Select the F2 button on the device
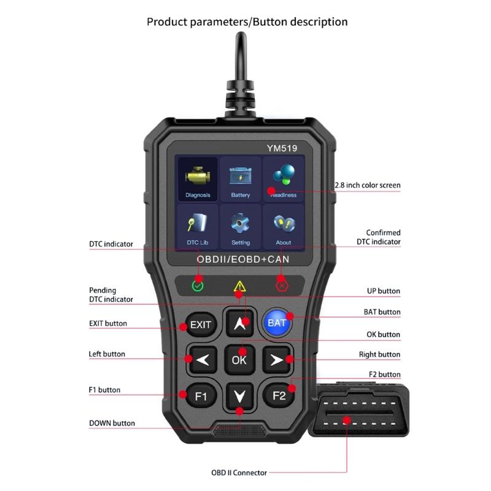(279, 395)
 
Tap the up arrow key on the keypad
(239, 322)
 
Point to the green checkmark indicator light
(198, 285)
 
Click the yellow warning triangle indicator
(239, 286)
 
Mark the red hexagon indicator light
(282, 285)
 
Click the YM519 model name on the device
(282, 147)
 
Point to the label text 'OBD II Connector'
(239, 473)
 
